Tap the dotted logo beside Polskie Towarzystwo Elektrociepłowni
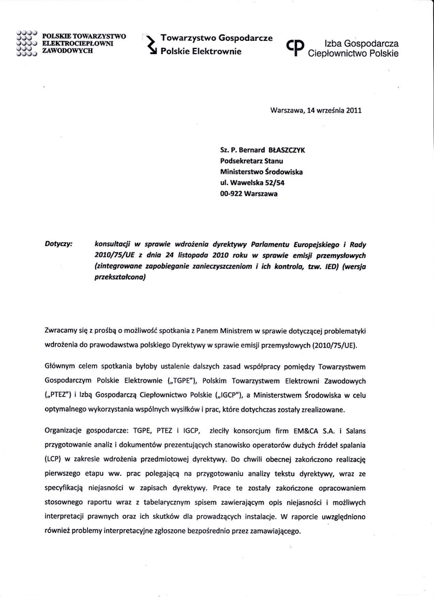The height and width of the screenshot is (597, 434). coord(27,43)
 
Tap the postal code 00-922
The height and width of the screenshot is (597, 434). coord(232,194)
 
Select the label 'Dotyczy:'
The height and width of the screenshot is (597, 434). coord(58,244)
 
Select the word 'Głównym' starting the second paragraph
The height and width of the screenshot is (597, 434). coord(60,367)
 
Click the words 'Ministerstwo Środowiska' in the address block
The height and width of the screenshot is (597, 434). coord(261,172)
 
